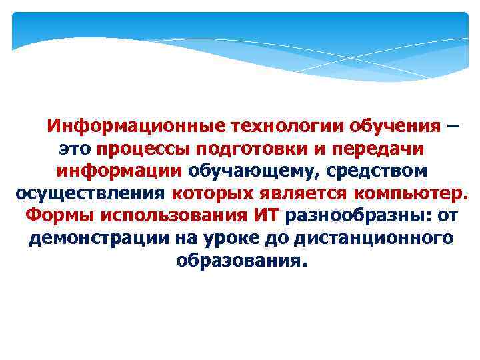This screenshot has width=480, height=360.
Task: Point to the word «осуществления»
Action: coord(89,193)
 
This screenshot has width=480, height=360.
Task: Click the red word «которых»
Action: coord(207,193)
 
